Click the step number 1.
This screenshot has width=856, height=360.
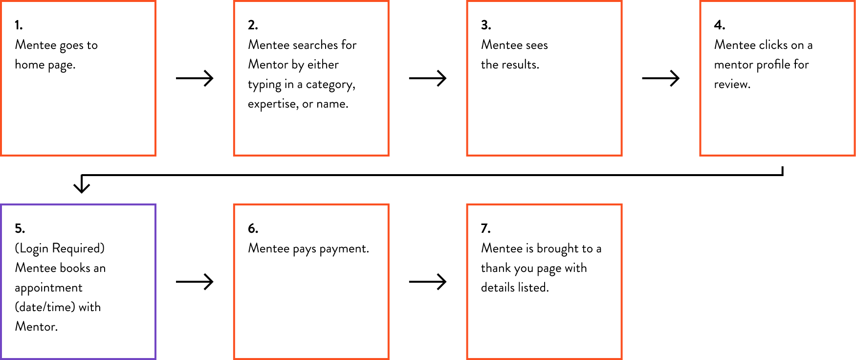[19, 25]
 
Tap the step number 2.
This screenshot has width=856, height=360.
[253, 25]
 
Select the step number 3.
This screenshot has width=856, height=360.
[486, 25]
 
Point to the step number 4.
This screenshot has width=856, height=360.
[719, 25]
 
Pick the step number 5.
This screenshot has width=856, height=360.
[20, 228]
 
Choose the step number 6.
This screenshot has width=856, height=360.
[253, 228]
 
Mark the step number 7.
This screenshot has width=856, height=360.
[485, 228]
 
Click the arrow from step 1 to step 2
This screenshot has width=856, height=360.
[195, 78]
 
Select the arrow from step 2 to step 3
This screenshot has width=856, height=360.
[428, 78]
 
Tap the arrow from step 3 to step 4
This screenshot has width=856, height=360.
[661, 78]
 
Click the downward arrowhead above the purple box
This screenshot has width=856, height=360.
[82, 187]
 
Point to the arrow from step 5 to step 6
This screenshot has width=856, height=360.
[195, 282]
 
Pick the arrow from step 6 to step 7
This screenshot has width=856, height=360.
[428, 282]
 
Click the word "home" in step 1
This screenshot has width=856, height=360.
[30, 65]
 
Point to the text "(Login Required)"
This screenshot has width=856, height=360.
[60, 248]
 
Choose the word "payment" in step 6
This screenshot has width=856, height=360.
[344, 249]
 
